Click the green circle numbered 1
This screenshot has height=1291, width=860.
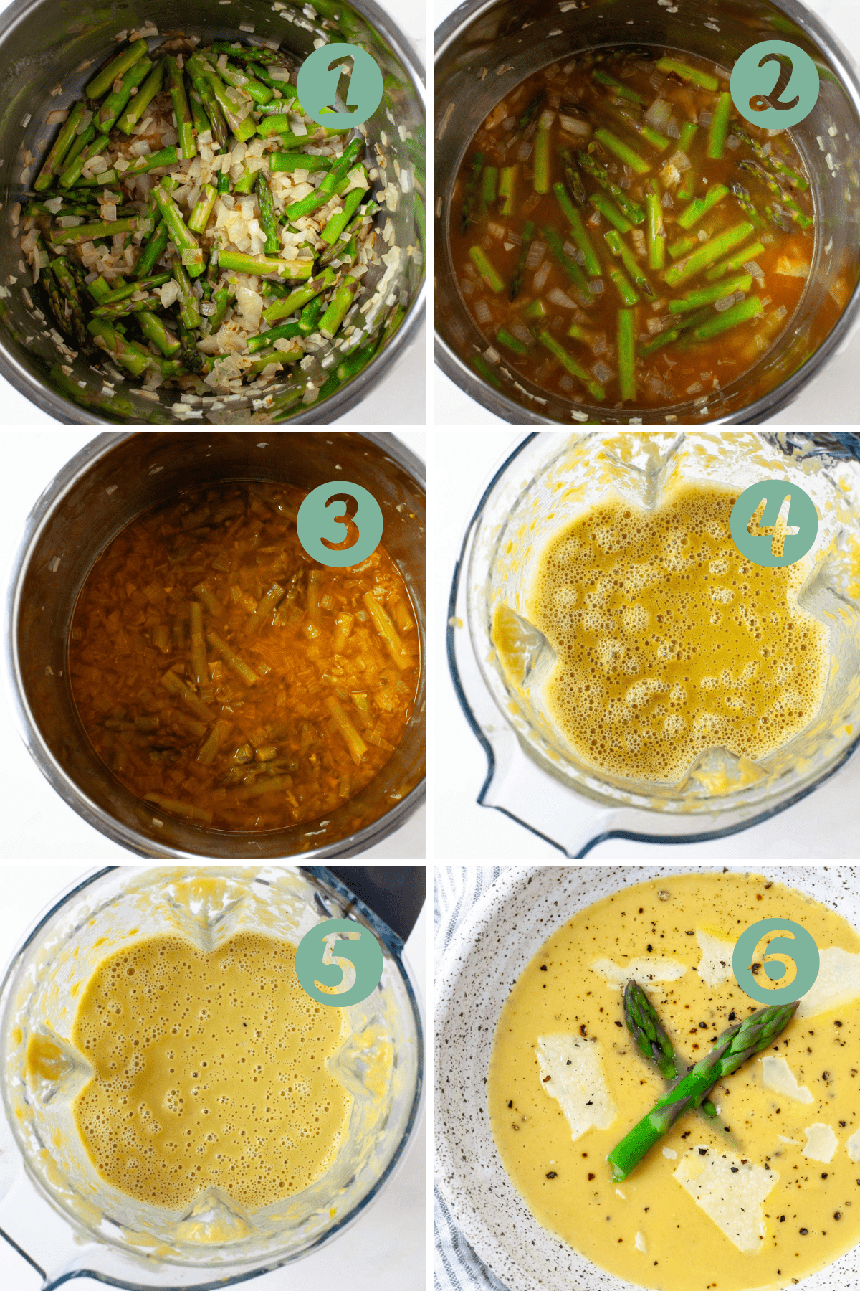(339, 86)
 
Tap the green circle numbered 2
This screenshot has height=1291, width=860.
(774, 85)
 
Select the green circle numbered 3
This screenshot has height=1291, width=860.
(339, 524)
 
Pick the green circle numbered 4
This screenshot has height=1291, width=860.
(774, 524)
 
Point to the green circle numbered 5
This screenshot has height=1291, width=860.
(339, 961)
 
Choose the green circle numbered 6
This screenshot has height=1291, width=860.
(774, 961)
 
